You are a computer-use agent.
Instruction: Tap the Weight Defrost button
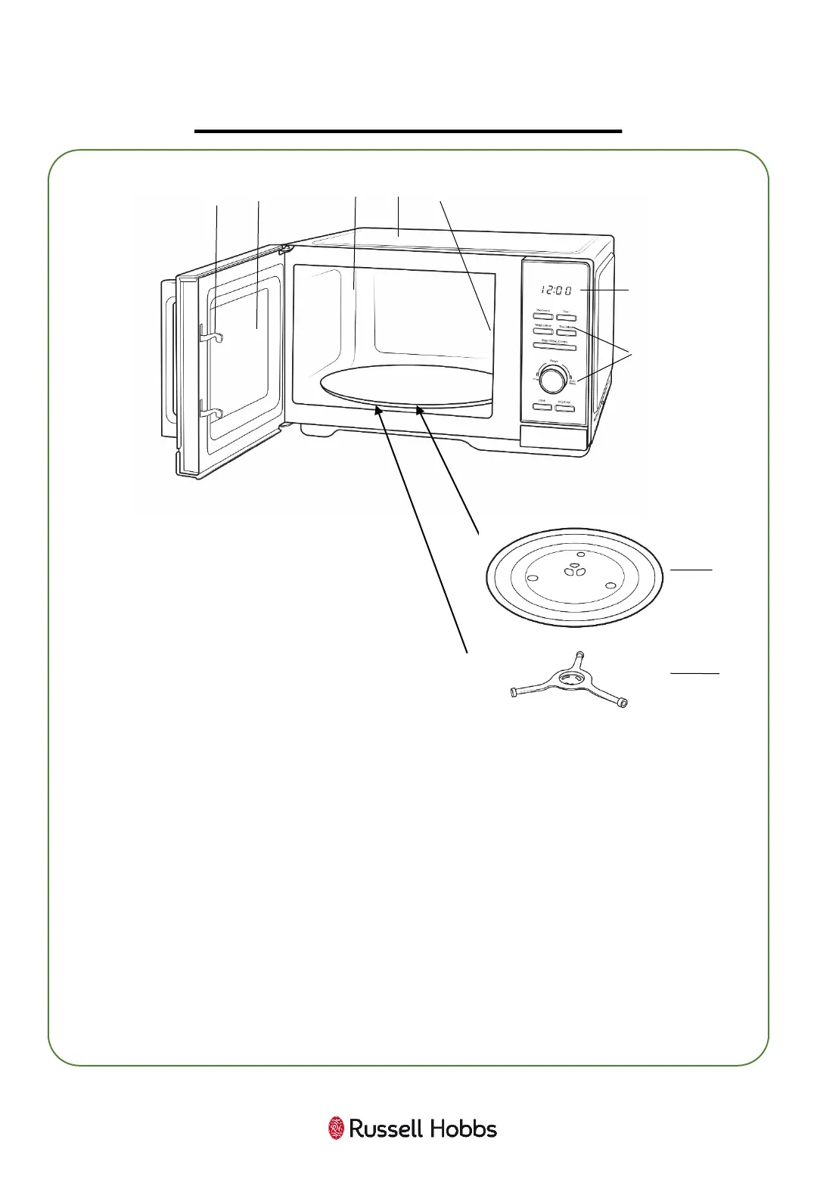[544, 331]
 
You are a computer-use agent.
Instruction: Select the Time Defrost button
[567, 331]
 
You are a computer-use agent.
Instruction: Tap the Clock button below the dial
[543, 407]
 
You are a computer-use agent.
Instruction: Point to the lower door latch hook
[210, 413]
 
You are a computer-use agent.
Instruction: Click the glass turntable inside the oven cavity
[405, 385]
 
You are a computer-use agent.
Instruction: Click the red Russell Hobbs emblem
[336, 1129]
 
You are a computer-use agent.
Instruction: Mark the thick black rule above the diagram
[408, 131]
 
